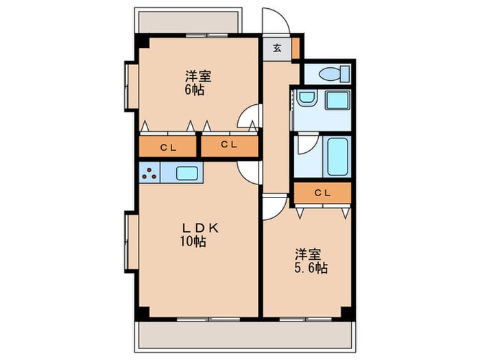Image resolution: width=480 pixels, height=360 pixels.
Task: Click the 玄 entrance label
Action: click(277, 49)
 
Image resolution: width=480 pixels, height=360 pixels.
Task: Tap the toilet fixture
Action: click(334, 74)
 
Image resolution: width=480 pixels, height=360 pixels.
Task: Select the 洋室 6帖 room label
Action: click(198, 83)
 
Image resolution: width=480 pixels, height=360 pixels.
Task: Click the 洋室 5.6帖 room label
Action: click(311, 261)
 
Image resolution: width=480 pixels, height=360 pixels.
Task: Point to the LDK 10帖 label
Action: click(200, 235)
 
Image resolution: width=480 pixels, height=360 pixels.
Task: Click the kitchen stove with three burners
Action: click(149, 173)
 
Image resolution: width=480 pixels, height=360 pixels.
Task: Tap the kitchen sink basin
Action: click(187, 173)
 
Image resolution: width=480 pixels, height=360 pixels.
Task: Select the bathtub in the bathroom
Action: click(337, 157)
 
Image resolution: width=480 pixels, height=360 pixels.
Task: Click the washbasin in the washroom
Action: click(307, 98)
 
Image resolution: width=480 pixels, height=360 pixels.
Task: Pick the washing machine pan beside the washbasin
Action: click(337, 100)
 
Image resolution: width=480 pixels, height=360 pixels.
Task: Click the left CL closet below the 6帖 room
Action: click(168, 147)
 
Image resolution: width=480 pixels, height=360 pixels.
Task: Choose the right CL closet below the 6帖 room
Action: click(229, 146)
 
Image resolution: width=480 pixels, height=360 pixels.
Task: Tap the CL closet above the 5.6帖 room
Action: click(323, 193)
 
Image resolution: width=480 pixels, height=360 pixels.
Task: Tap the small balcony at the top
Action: click(189, 21)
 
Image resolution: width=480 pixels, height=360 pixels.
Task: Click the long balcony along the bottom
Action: click(245, 336)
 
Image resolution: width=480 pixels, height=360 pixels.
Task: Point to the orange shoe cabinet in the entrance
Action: click(296, 48)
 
